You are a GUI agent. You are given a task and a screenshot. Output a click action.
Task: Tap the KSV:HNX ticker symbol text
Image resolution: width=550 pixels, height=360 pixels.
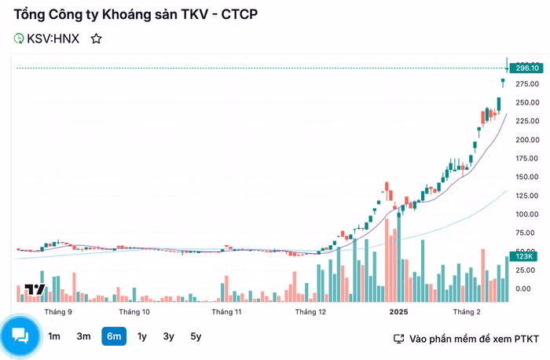click(53, 38)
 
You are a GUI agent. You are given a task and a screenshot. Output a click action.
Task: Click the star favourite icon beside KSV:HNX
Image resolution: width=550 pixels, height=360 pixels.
click(96, 38)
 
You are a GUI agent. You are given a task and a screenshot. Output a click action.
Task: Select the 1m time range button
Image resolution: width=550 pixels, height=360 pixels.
click(54, 336)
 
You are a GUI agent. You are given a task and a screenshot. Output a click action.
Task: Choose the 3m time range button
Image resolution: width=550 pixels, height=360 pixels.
click(83, 336)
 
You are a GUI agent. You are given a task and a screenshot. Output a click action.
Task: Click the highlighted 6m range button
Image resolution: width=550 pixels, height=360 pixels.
click(113, 336)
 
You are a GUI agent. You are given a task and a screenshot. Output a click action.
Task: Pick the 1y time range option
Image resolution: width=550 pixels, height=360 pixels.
click(142, 336)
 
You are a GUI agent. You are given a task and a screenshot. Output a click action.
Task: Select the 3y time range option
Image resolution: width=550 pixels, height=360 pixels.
click(169, 336)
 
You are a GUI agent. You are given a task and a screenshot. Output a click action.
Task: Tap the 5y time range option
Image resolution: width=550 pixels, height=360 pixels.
click(196, 336)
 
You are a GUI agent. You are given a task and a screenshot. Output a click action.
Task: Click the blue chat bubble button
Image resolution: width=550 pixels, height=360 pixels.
click(20, 336)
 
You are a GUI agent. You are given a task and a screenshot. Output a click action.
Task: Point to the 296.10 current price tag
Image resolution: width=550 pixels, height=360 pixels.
click(527, 68)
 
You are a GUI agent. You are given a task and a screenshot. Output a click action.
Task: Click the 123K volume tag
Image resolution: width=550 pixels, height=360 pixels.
click(524, 256)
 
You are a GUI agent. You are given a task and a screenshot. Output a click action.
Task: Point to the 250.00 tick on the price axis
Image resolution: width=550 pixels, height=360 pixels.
click(527, 102)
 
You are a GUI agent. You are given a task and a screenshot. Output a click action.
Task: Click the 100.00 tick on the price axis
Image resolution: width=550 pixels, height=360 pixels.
click(527, 215)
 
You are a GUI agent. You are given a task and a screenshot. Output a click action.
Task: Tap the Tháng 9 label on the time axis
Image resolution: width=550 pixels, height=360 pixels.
click(59, 312)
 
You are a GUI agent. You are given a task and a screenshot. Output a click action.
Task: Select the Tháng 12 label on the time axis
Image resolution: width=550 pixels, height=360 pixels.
click(310, 312)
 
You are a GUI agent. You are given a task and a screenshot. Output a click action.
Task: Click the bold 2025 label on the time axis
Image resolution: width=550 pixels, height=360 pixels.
click(399, 312)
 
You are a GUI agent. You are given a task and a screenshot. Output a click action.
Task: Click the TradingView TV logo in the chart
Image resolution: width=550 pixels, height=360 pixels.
click(34, 289)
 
